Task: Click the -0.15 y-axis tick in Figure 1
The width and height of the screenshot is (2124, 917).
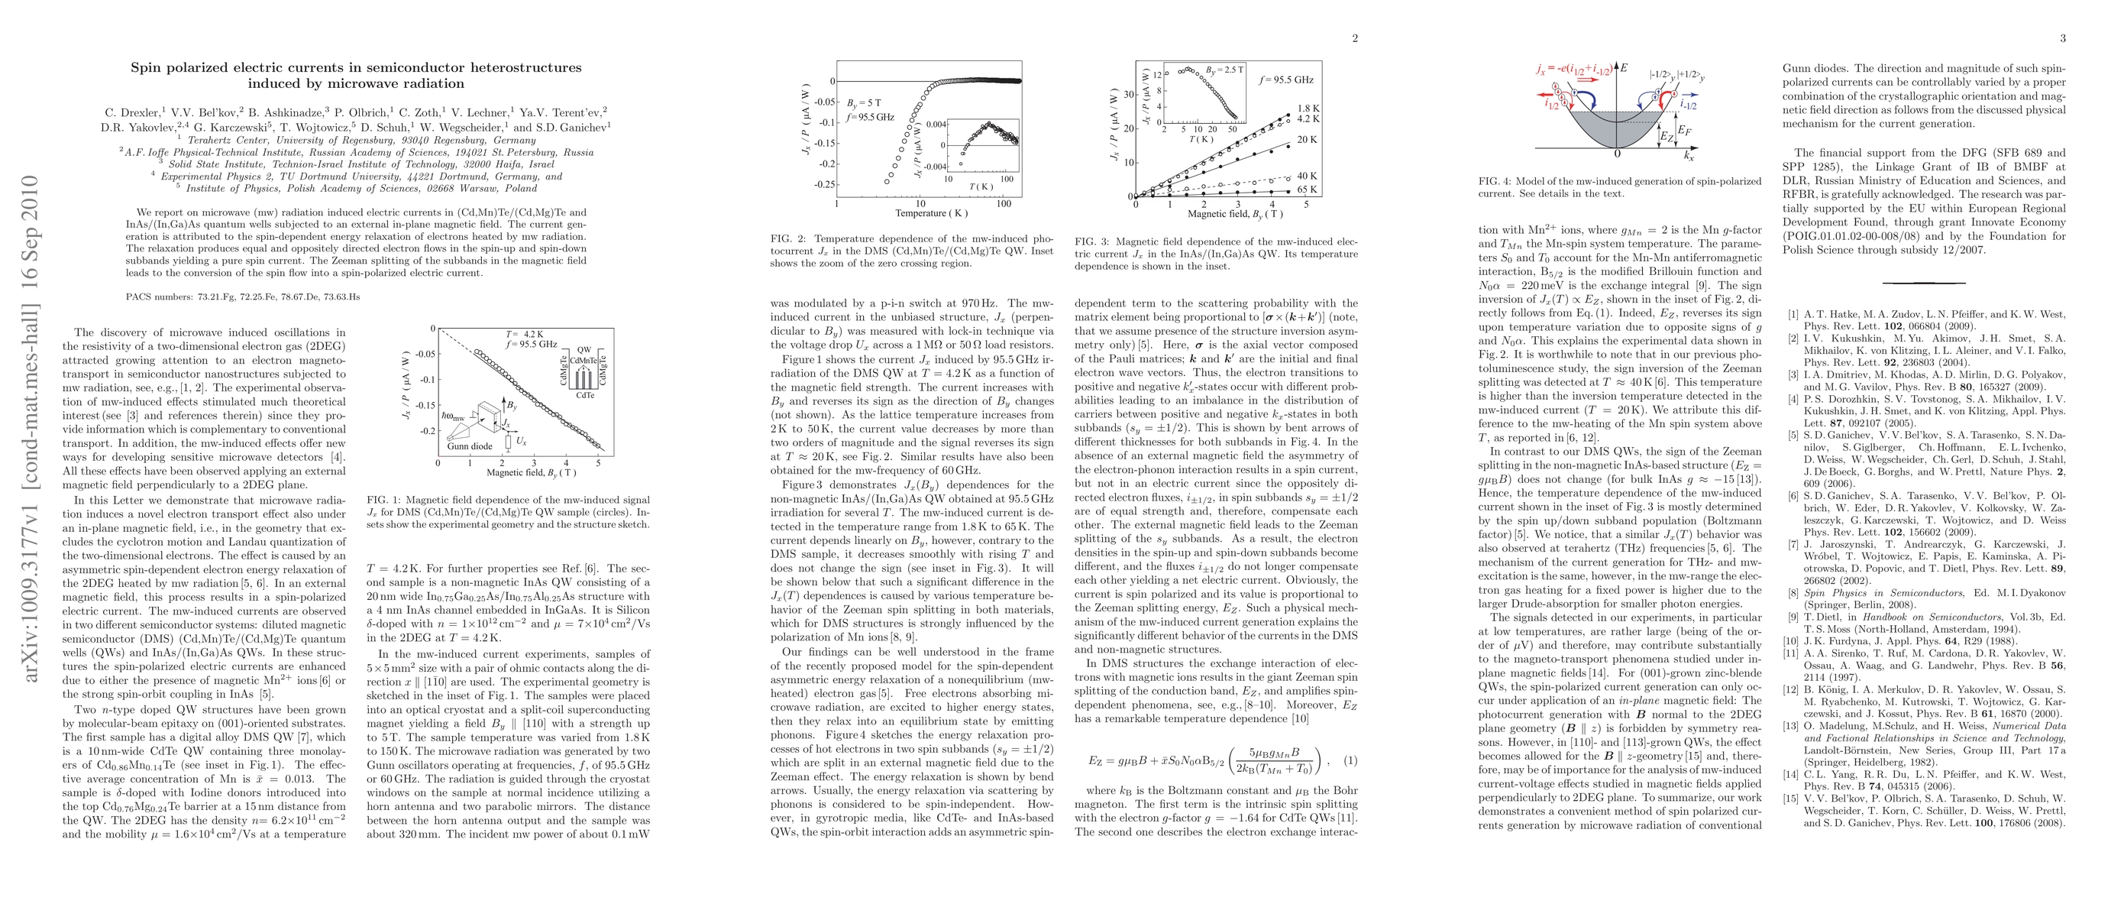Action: (x=423, y=405)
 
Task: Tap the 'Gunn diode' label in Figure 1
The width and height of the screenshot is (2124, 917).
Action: (x=469, y=446)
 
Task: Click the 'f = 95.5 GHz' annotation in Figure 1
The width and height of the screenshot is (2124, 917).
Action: (x=531, y=344)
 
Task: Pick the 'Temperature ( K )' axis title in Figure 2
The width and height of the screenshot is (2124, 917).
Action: (x=921, y=213)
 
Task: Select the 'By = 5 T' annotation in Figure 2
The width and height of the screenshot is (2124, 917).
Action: (x=864, y=103)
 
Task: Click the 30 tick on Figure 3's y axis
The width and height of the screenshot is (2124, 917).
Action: (x=1129, y=94)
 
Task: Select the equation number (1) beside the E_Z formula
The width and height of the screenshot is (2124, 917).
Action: (x=1350, y=761)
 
